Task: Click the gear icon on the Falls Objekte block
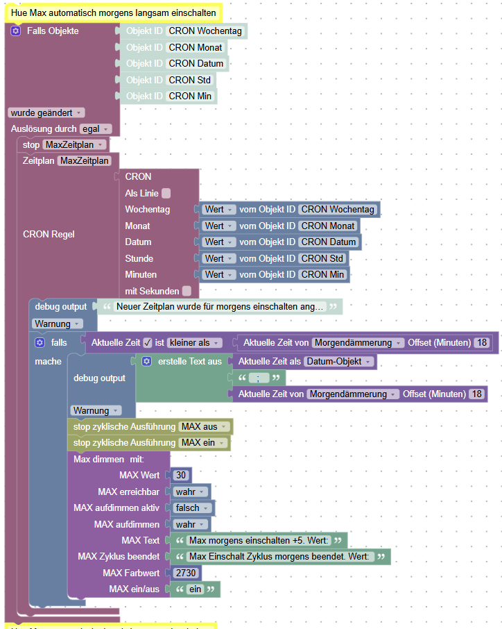click(16, 31)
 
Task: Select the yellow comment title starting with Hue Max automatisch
click(113, 12)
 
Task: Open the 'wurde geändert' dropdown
click(46, 112)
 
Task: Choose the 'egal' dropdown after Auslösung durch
click(96, 128)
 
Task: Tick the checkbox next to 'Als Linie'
click(166, 193)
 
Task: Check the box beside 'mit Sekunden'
click(186, 291)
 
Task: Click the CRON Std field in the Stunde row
click(322, 258)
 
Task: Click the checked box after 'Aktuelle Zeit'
click(147, 342)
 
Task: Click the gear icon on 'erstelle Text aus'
click(146, 361)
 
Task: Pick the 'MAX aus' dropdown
click(204, 426)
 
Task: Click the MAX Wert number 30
click(182, 475)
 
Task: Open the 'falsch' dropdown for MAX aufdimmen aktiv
click(191, 508)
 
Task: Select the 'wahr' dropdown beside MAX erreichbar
click(189, 492)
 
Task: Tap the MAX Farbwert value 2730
click(186, 573)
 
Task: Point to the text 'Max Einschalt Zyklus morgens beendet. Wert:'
click(282, 556)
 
